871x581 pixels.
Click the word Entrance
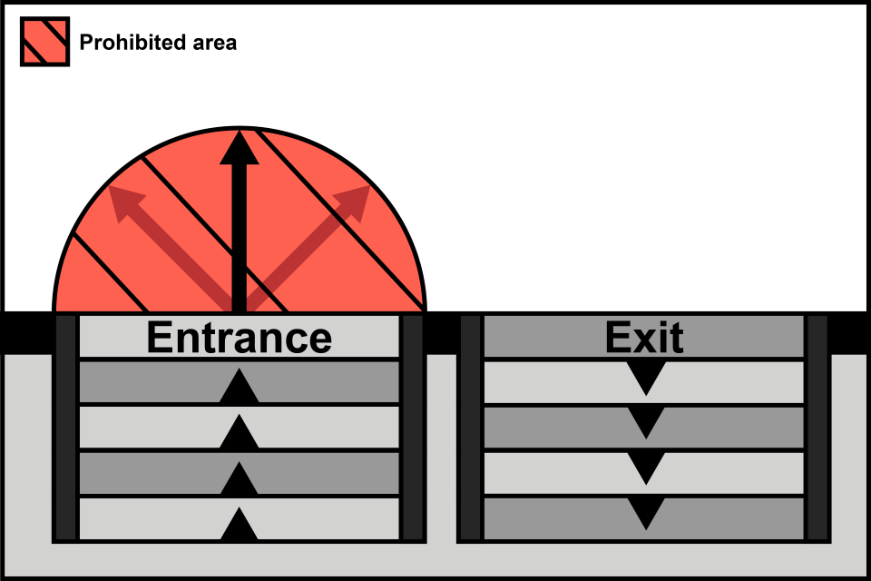tap(239, 338)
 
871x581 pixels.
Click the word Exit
tap(644, 338)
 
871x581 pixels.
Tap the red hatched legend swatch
tap(44, 42)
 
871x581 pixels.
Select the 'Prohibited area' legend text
tap(158, 42)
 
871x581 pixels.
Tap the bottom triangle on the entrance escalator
tap(239, 527)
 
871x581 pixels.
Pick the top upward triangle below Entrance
tap(239, 387)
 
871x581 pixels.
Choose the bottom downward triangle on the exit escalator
tap(645, 514)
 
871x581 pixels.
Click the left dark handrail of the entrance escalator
tap(65, 428)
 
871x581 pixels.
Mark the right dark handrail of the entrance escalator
tap(413, 428)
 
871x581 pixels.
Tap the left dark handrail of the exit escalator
tap(470, 428)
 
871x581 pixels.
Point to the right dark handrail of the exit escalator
tap(817, 428)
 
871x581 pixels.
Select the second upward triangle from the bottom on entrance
tap(239, 479)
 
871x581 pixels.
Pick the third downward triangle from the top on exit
tap(645, 468)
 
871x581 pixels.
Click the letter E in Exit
tap(619, 338)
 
